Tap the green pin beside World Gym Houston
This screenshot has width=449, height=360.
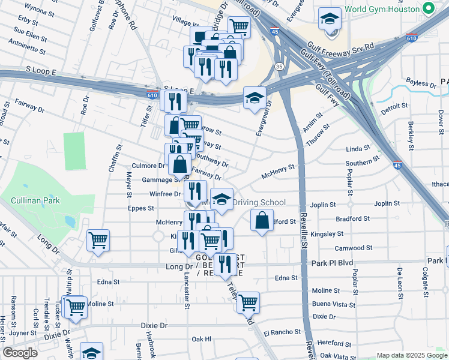pos(428,8)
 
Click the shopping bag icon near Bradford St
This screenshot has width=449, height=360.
pos(262,221)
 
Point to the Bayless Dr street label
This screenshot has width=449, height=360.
pos(420,84)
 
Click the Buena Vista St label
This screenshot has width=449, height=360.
pos(333,305)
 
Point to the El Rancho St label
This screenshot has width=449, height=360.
pos(282,332)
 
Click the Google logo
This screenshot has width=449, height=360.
pos(20,353)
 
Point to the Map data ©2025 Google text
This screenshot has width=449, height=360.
pos(411,355)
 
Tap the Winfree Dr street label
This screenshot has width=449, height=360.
pos(164,194)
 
